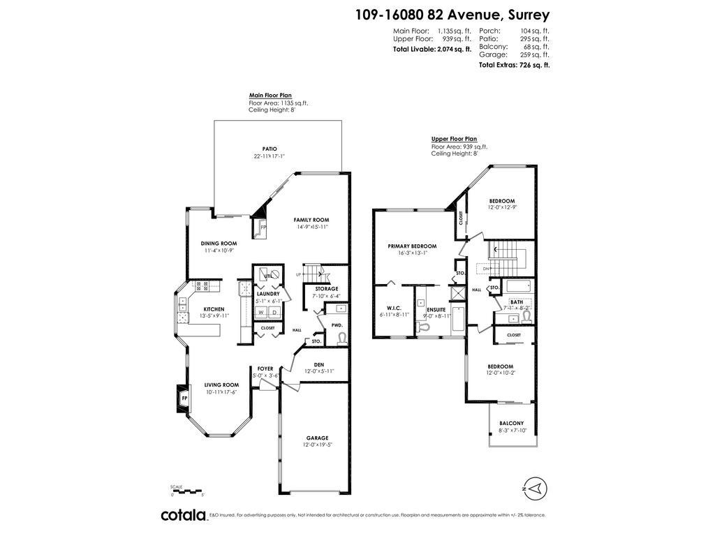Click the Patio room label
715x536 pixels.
pos(270,149)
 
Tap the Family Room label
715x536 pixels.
pos(311,220)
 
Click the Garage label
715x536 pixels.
pos(316,438)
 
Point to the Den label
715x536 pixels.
pos(319,364)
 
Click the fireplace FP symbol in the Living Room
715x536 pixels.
pos(184,398)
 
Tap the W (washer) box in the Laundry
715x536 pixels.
pos(260,312)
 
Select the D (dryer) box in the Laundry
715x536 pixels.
pos(274,312)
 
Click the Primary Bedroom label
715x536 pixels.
pos(412,246)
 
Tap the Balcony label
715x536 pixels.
pos(511,424)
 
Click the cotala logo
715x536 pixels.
pos(184,515)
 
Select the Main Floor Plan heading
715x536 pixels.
pos(270,96)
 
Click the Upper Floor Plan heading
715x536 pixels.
pos(454,139)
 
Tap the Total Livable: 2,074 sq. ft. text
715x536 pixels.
pos(432,50)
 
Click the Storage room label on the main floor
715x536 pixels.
pos(326,288)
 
